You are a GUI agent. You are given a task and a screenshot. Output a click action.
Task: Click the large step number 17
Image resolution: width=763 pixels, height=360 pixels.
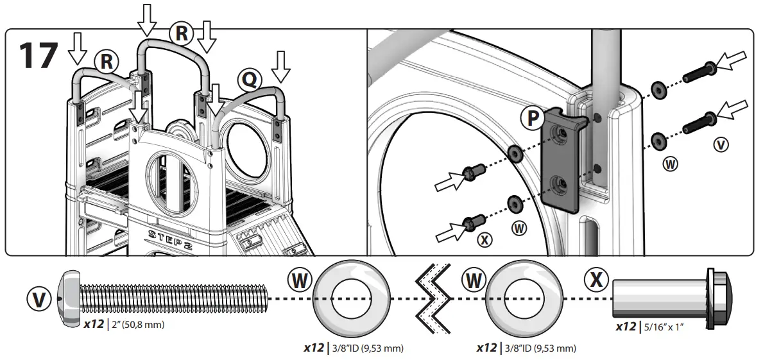click(x=38, y=56)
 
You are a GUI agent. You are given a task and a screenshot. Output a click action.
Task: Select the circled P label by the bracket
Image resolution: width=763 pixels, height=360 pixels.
click(x=533, y=118)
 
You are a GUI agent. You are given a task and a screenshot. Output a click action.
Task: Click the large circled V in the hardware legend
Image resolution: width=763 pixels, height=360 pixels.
click(x=40, y=298)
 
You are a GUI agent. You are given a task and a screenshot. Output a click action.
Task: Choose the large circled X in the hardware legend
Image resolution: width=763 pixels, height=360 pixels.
click(x=597, y=280)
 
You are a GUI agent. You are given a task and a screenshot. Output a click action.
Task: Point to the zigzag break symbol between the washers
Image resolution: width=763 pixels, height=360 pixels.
click(x=431, y=298)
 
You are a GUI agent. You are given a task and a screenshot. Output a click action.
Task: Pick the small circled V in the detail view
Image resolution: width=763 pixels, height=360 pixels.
click(x=721, y=145)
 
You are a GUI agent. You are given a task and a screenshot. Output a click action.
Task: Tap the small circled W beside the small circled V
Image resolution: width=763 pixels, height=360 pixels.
click(x=671, y=164)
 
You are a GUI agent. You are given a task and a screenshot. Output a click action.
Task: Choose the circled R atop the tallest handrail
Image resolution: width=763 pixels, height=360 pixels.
click(x=182, y=33)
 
